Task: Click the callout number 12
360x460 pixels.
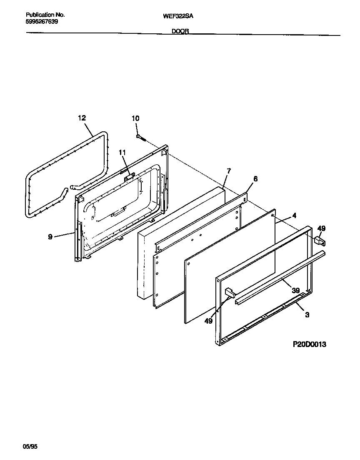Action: [x=82, y=118]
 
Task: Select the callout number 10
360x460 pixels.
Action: [x=135, y=118]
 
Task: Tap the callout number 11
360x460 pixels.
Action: [x=122, y=152]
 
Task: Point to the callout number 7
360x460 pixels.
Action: [x=228, y=171]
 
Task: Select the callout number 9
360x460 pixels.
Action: [x=50, y=236]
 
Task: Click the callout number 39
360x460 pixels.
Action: [x=295, y=290]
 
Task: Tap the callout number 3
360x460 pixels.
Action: [x=307, y=315]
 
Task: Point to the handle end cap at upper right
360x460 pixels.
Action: [x=319, y=240]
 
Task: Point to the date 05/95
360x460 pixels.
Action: [x=30, y=447]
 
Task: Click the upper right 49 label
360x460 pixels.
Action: [x=321, y=228]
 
